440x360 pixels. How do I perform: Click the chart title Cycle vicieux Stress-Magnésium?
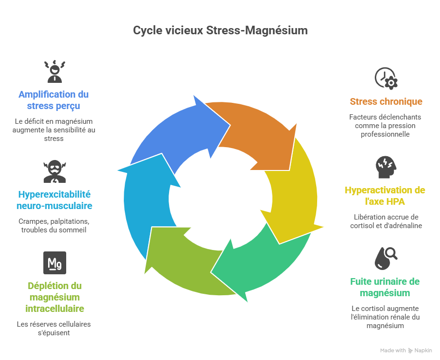coord(220,30)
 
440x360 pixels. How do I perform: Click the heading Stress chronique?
coord(386,101)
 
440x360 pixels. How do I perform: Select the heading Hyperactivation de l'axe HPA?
coord(385,196)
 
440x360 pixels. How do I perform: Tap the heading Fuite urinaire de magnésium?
coord(385,287)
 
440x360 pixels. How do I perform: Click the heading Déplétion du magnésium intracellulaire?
coord(55,297)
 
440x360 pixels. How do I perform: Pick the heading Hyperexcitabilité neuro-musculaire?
coord(55,200)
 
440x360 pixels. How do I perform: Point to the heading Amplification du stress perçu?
coord(54,100)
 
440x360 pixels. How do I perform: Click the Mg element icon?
coord(55,263)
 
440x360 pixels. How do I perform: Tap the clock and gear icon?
coord(386,79)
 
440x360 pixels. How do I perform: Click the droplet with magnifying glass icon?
coord(386,258)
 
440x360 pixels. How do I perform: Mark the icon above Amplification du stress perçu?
coord(54,71)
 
